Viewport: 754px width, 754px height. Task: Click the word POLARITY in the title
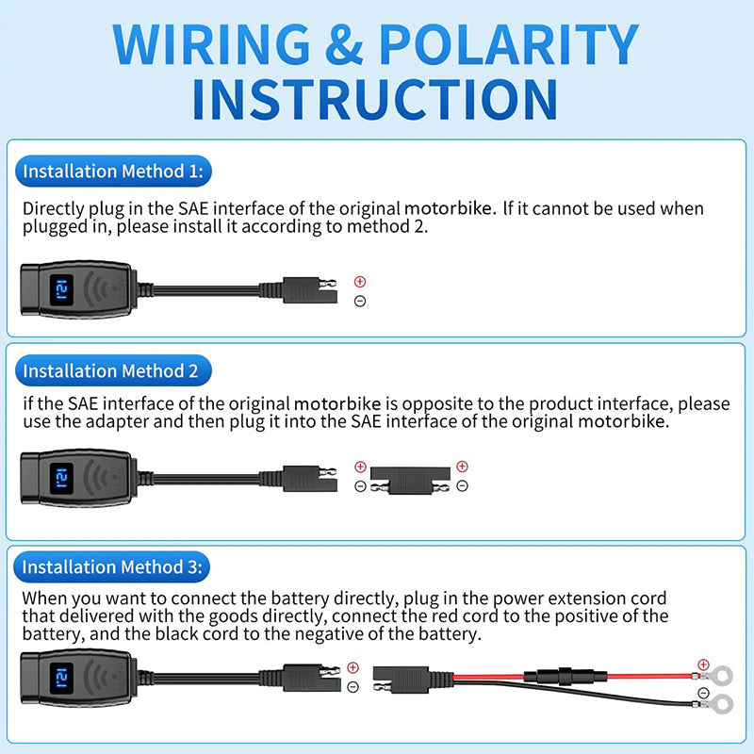[x=509, y=43]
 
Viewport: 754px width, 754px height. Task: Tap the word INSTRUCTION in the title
[x=375, y=100]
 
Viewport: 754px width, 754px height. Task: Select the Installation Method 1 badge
[x=113, y=172]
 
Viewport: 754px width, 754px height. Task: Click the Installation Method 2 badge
[x=113, y=370]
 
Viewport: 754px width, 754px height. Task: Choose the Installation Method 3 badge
[x=112, y=567]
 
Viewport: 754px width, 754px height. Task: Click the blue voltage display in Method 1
[x=61, y=290]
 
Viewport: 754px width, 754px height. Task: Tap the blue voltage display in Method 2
[x=61, y=479]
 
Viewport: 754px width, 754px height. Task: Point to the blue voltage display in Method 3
[x=61, y=679]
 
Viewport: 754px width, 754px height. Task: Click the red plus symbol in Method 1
[x=360, y=281]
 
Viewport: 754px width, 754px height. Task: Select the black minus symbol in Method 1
[x=360, y=301]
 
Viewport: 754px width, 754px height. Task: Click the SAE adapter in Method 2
[x=410, y=481]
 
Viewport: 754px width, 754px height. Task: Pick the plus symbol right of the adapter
[x=462, y=466]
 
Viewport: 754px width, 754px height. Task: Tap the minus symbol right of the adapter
[x=462, y=485]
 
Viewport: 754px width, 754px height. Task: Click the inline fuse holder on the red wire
[x=565, y=676]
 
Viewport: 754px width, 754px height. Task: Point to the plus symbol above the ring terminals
[x=703, y=664]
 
